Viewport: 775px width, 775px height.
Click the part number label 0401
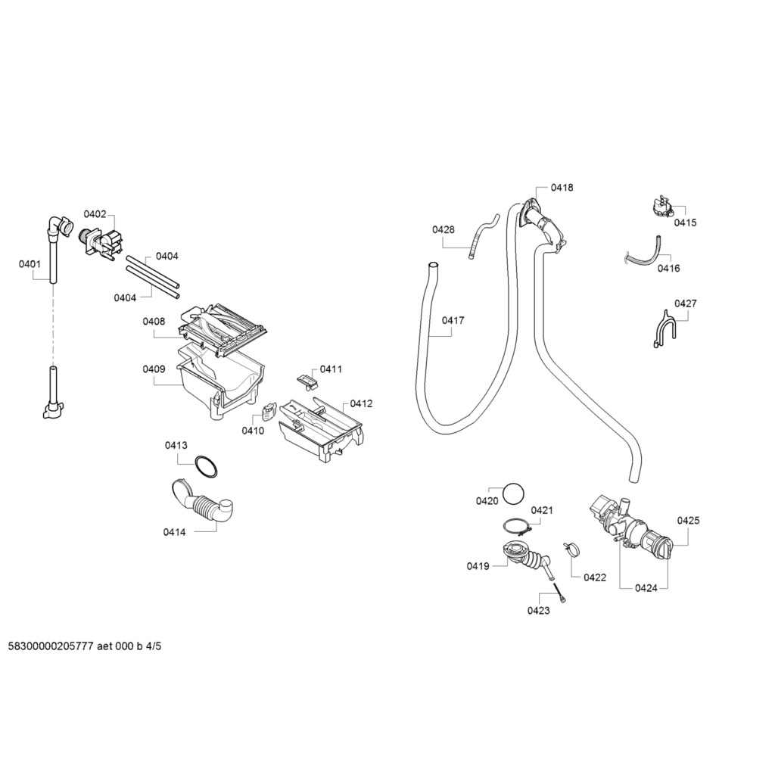coord(30,264)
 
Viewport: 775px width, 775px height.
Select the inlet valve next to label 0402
coord(101,243)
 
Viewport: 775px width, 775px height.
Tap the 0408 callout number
coord(154,322)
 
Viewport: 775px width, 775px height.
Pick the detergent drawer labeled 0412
coord(322,430)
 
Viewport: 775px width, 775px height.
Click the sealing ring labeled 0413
coord(205,466)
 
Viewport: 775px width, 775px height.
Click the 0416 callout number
coord(668,269)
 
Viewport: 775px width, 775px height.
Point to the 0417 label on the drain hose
coord(453,320)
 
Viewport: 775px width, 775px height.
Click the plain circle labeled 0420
coord(514,493)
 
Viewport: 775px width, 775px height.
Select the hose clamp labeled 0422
coord(571,549)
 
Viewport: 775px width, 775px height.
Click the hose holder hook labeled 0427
coord(661,328)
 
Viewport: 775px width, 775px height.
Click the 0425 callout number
coord(688,520)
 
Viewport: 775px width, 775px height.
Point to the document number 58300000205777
coord(51,646)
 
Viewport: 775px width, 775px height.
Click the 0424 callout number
coord(646,588)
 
